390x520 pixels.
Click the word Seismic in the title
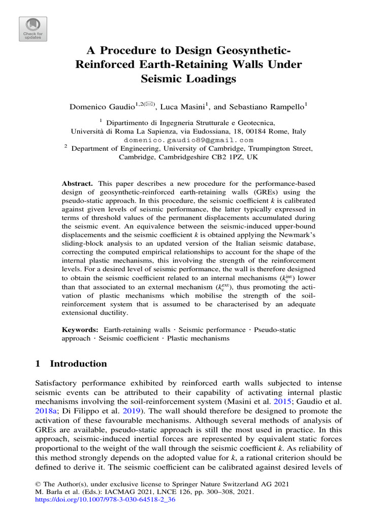(x=163, y=80)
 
